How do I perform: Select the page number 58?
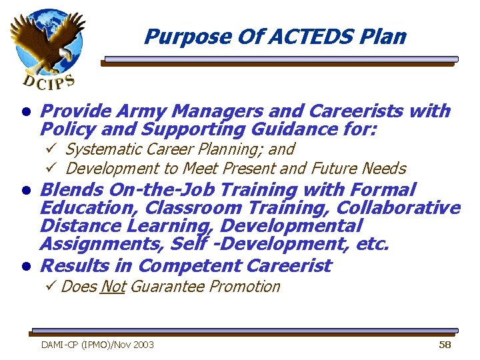(x=445, y=345)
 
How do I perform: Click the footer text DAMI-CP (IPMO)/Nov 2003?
(x=97, y=345)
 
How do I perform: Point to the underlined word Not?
(x=113, y=287)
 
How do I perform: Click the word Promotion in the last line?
(x=245, y=287)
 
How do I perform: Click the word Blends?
(x=71, y=190)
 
